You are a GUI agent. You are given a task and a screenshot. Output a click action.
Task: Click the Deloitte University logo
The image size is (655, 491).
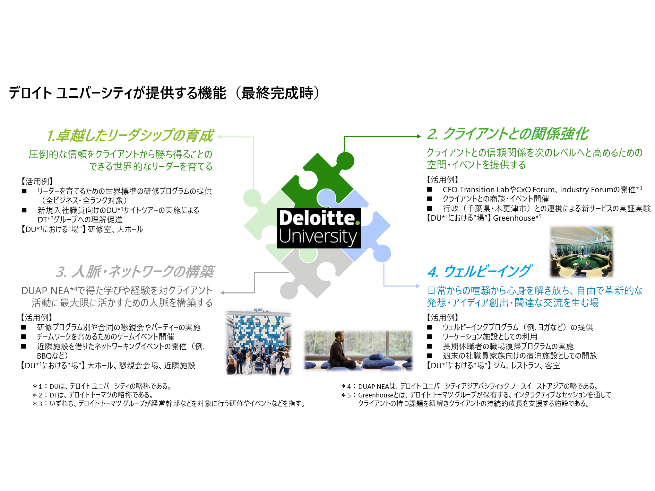point(319,228)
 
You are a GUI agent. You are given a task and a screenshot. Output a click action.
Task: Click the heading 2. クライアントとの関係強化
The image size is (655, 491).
point(508,134)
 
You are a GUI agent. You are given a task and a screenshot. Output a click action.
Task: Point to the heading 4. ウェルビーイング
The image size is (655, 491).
point(479,271)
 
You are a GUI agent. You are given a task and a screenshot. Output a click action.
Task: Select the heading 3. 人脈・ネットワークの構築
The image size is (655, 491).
point(135,272)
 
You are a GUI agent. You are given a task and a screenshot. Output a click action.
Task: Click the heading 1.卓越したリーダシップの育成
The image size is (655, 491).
point(130,135)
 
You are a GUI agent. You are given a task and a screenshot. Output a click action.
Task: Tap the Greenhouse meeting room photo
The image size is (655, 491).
point(581,252)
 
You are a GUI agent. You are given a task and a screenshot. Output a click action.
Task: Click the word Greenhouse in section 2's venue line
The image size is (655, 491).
point(514,218)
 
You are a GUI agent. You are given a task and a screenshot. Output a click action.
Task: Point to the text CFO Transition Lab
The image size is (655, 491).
point(476,190)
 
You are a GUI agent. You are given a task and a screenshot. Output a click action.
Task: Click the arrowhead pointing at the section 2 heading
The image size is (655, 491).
point(419,136)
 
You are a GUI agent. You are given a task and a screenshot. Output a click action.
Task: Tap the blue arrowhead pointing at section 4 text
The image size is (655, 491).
point(418,286)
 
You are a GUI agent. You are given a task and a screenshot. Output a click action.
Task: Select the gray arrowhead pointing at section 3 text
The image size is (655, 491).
point(223,293)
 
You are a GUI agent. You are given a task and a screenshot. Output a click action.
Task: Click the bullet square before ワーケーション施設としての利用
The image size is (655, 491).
point(430,337)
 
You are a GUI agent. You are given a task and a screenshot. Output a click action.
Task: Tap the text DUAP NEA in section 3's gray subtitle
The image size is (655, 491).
point(45,291)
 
